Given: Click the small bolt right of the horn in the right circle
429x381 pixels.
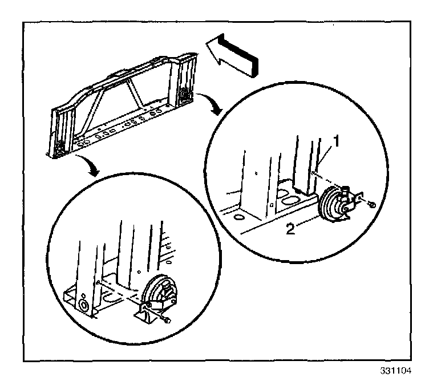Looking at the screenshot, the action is pyautogui.click(x=371, y=204).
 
